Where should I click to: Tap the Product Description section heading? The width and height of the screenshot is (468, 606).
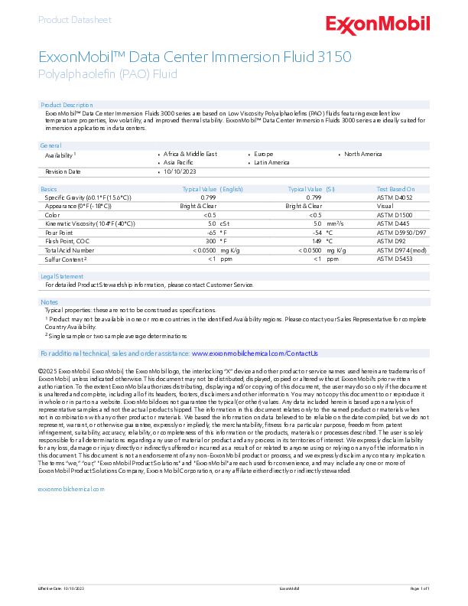tap(67, 104)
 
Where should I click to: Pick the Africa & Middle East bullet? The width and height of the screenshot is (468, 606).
tap(190, 154)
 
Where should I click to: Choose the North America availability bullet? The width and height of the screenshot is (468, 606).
tap(362, 154)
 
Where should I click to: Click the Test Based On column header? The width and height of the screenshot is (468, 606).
tap(395, 188)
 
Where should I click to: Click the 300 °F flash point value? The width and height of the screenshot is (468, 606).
tap(211, 240)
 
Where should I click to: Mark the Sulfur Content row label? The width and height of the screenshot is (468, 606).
tap(65, 259)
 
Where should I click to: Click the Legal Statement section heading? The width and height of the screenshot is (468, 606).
tap(62, 276)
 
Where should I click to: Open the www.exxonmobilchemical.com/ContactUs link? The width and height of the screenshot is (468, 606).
tap(254, 353)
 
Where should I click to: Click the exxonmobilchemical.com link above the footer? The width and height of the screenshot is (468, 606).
tap(70, 488)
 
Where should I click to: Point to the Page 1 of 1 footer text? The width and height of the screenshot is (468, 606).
tap(420, 588)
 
